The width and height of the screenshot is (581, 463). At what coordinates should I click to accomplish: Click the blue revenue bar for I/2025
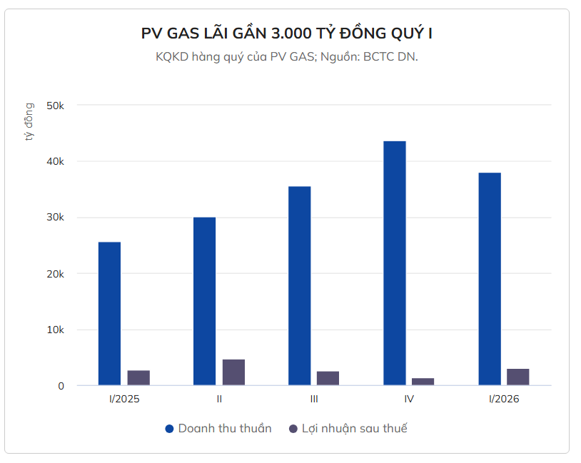tap(109, 314)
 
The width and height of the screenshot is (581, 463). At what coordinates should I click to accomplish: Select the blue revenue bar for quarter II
tap(204, 301)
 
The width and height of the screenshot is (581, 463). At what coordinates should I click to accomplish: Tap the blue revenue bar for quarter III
tap(299, 285)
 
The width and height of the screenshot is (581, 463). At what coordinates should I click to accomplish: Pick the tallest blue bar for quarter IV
tap(394, 263)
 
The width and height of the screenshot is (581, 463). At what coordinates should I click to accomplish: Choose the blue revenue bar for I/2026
tap(489, 279)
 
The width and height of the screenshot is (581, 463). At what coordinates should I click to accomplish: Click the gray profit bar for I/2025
tap(138, 378)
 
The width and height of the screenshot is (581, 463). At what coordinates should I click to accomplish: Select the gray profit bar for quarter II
tap(233, 372)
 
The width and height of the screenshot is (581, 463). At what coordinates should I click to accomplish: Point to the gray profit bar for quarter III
tap(328, 379)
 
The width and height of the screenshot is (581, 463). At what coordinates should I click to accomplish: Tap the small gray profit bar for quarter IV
tap(423, 382)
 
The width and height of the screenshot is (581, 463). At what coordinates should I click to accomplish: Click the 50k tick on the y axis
tap(55, 106)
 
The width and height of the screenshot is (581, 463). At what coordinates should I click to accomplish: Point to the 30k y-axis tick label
tap(55, 218)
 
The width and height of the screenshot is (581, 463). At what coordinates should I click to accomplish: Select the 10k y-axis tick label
tap(55, 330)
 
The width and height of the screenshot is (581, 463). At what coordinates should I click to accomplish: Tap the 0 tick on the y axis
tap(61, 386)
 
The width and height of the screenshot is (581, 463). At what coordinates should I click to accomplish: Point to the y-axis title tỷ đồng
tap(29, 121)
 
